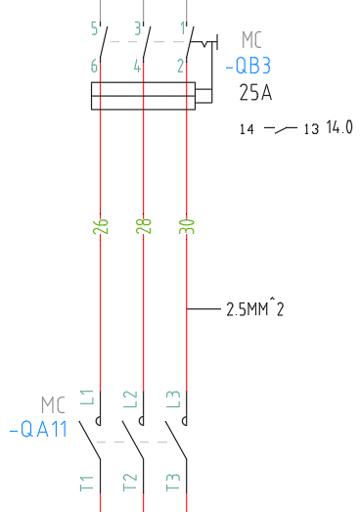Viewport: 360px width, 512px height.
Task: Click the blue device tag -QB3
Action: (x=248, y=66)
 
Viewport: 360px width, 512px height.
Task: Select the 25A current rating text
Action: (x=255, y=92)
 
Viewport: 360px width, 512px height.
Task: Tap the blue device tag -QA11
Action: (x=38, y=429)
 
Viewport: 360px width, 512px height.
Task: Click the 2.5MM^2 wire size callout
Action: (x=255, y=309)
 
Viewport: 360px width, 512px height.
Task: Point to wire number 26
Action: (x=100, y=226)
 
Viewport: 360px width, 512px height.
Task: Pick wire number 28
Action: (x=144, y=226)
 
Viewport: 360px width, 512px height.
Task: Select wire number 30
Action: (x=187, y=226)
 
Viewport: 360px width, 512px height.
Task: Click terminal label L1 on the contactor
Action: (x=87, y=397)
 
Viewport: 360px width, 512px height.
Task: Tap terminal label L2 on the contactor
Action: (x=130, y=399)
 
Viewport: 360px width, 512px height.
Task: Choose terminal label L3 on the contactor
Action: (x=173, y=399)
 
